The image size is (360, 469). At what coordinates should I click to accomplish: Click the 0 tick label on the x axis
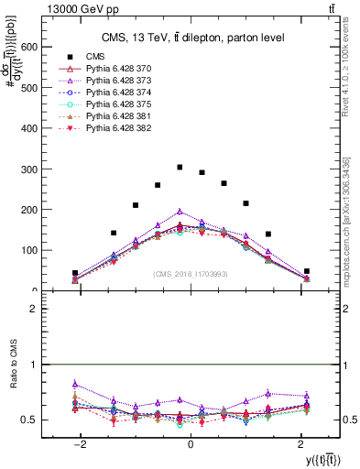click(190, 443)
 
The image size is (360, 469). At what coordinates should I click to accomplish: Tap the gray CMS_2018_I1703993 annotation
click(190, 274)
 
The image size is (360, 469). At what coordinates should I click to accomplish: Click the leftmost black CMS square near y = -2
click(75, 273)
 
